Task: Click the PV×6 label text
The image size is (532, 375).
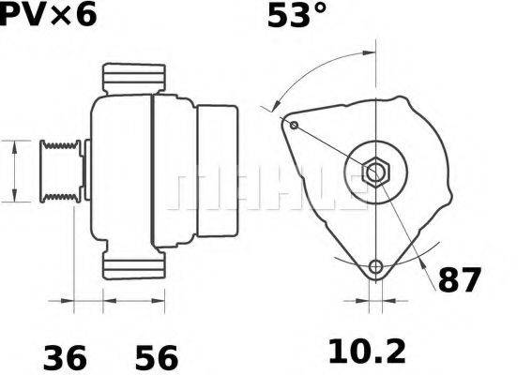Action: (x=47, y=15)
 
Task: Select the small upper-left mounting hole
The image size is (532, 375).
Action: (x=294, y=126)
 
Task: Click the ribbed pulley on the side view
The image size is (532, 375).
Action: (x=58, y=171)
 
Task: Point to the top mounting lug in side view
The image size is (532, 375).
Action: (x=133, y=79)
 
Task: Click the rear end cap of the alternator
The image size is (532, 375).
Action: (x=217, y=171)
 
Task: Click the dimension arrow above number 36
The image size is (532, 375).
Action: (x=87, y=301)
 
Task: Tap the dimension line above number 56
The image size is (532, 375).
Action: (x=133, y=301)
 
